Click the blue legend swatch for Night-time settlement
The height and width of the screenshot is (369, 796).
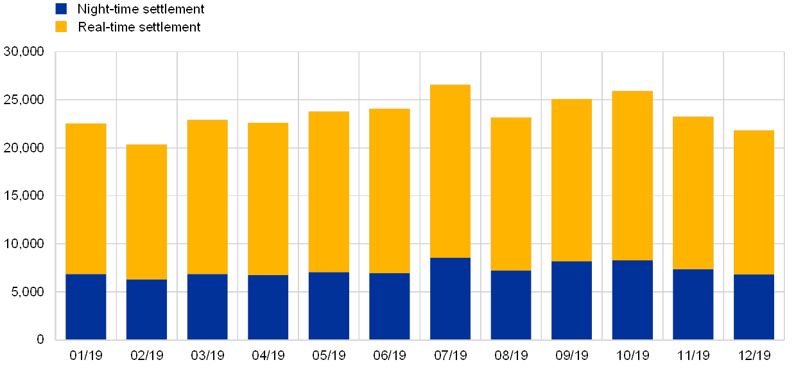(61, 9)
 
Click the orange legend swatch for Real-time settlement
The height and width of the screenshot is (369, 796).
(61, 26)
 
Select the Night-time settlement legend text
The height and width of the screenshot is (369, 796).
(141, 9)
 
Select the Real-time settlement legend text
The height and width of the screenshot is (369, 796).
(141, 26)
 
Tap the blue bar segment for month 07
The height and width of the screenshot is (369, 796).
(450, 298)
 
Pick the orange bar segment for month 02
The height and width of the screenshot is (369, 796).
(146, 212)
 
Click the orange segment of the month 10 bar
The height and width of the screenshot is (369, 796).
(632, 175)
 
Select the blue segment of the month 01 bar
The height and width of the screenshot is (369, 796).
(86, 307)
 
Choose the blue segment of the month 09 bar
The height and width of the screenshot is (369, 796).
(571, 300)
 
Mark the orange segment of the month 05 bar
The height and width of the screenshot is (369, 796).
(329, 192)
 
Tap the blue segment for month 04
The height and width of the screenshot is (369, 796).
(268, 307)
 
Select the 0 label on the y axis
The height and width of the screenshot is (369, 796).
(40, 339)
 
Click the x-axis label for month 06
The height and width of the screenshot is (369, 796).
(390, 355)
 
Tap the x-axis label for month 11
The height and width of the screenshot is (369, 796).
(693, 355)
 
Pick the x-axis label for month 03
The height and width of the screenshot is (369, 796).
(207, 355)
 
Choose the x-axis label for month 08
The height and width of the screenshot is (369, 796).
(511, 355)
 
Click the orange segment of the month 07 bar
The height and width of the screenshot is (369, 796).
(450, 171)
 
